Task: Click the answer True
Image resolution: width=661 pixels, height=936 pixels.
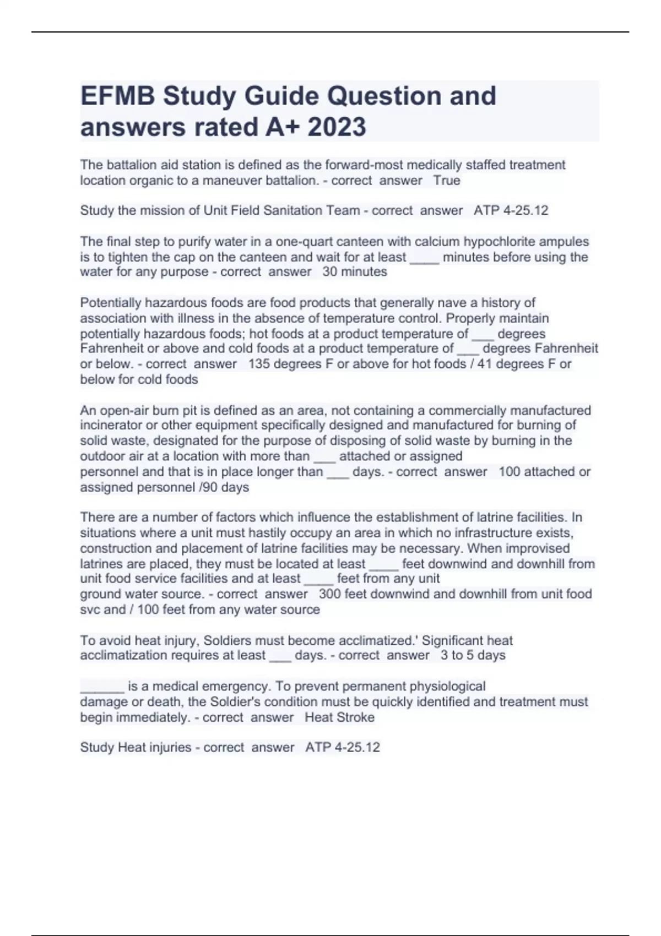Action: point(447,181)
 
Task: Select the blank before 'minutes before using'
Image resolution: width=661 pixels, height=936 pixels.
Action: point(424,258)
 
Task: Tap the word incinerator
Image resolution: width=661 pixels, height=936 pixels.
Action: point(112,425)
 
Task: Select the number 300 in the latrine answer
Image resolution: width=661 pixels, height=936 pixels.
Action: point(329,594)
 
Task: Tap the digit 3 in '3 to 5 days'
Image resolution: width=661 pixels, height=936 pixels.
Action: point(444,655)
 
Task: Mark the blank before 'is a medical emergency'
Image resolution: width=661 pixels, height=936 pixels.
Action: point(102,687)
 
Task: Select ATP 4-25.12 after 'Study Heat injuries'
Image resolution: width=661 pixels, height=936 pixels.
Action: point(343,747)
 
